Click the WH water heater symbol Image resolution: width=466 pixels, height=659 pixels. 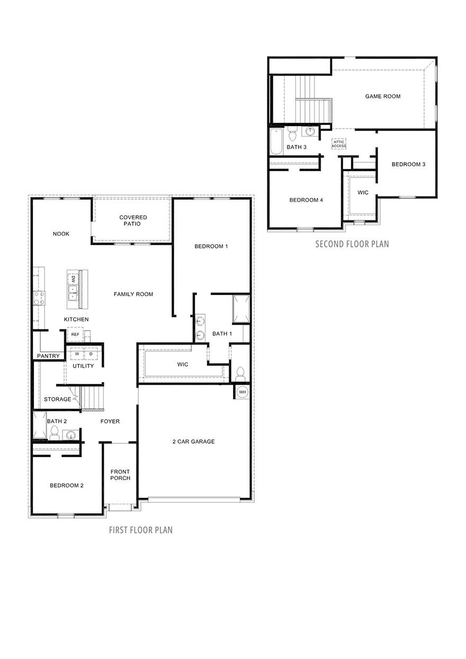click(242, 392)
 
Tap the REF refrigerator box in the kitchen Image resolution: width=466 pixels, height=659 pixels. click(75, 334)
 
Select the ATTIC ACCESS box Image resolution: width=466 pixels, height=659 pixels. click(339, 144)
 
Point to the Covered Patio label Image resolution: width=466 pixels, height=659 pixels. click(133, 220)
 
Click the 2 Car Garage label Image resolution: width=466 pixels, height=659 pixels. click(193, 441)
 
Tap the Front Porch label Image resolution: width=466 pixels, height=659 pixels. click(120, 475)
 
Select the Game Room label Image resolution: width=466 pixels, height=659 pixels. click(382, 96)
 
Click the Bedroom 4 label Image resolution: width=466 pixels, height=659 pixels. click(306, 200)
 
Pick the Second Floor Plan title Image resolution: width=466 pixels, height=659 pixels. click(352, 244)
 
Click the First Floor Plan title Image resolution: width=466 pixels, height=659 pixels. click(140, 530)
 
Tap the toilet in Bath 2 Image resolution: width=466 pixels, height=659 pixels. click(54, 433)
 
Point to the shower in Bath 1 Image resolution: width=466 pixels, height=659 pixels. click(241, 309)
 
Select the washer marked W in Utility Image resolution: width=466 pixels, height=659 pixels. click(77, 354)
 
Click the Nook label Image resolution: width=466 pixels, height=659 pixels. click(61, 234)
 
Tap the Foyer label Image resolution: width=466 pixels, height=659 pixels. click(110, 422)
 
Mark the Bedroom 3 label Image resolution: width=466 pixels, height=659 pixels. click(408, 164)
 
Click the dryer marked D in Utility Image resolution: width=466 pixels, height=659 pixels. click(91, 354)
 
